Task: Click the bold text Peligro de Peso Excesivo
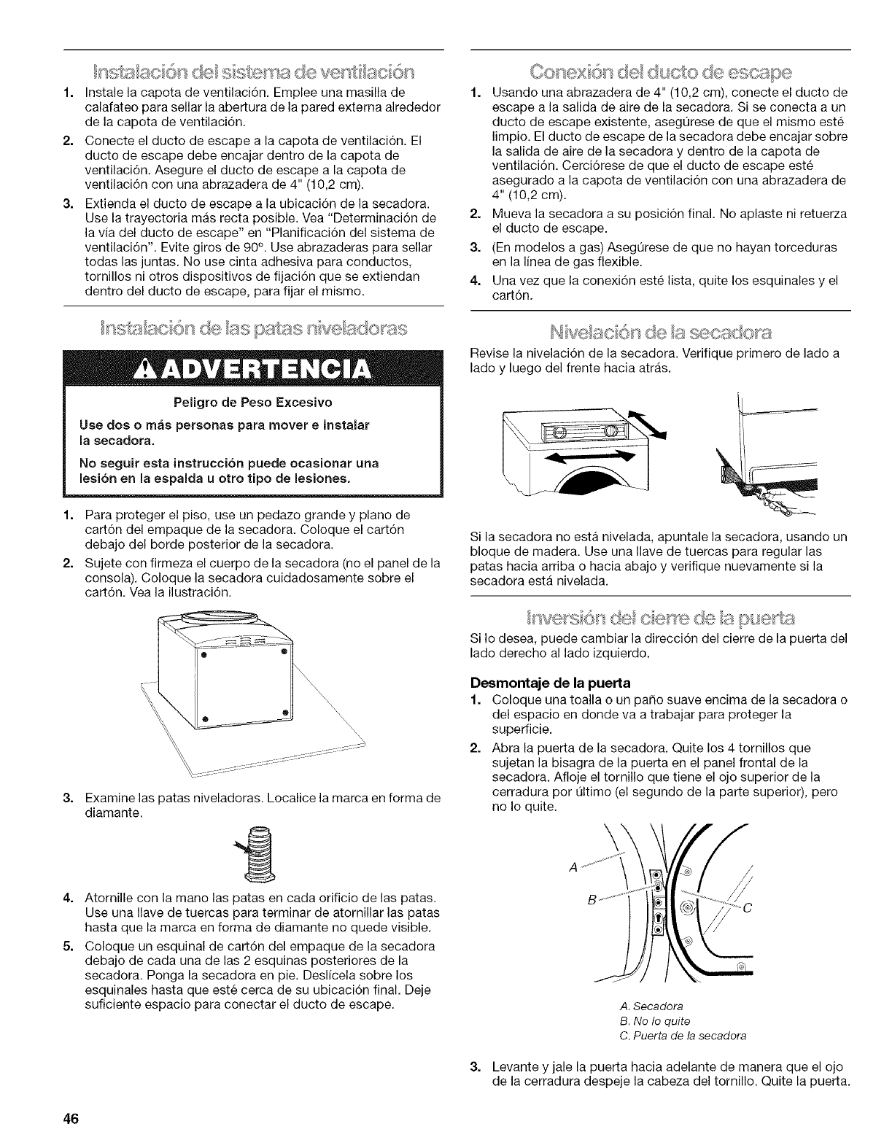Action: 252,402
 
